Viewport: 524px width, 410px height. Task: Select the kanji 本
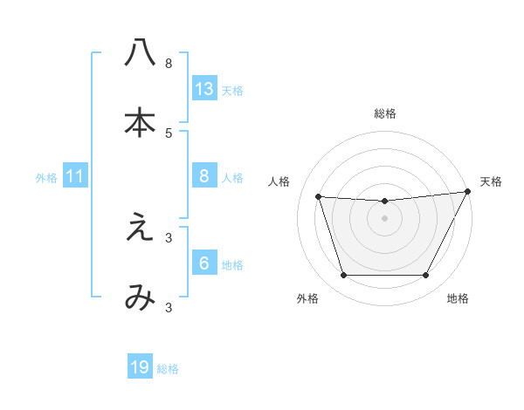(140, 123)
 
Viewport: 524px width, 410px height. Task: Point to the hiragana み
(140, 298)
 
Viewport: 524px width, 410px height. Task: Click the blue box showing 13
(204, 88)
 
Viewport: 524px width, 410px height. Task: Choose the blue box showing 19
(140, 367)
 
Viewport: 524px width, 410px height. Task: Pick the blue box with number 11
(74, 177)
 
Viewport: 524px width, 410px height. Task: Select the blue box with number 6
(204, 263)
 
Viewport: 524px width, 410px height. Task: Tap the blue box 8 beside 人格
(204, 176)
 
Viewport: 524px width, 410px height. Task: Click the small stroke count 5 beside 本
(169, 133)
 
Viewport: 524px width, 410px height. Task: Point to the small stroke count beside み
(169, 307)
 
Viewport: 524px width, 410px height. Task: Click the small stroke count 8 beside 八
(169, 63)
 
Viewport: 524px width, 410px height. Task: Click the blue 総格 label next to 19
(168, 369)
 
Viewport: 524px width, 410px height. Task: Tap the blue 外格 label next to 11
(46, 178)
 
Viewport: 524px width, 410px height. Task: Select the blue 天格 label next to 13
(231, 90)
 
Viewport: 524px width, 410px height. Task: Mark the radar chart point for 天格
(468, 192)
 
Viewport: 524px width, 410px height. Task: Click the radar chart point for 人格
(319, 197)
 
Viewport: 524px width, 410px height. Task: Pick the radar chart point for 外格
(343, 276)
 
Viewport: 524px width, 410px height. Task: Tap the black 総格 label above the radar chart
(385, 113)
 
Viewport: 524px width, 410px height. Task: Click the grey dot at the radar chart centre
(385, 218)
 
